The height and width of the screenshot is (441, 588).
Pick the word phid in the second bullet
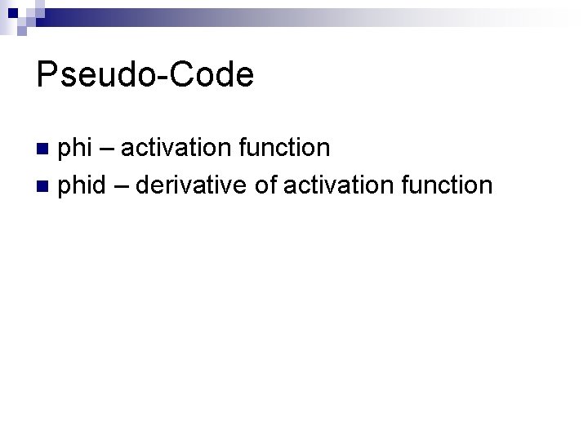coord(83,186)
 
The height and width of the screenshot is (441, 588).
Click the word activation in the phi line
coord(172,149)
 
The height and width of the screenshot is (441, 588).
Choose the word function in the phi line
coord(281,149)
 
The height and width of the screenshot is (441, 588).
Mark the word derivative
coord(192,186)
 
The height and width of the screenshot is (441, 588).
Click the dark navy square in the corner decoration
coord(13,12)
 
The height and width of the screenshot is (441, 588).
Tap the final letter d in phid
coord(98,186)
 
